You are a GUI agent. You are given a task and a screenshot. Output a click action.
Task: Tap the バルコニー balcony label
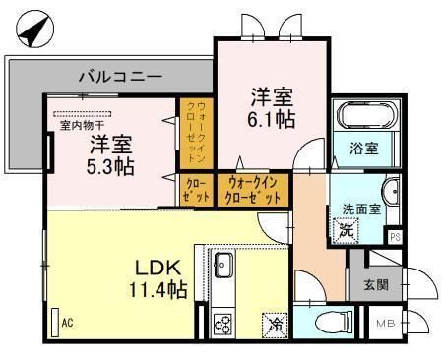click(x=121, y=77)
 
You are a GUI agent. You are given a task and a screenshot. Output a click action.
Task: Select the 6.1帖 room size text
click(x=272, y=120)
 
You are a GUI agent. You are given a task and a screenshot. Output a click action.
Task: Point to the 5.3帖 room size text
click(x=110, y=167)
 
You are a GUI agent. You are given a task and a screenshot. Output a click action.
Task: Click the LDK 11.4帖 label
click(x=158, y=278)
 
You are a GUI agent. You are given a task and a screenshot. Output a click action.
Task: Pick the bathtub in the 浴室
click(x=367, y=117)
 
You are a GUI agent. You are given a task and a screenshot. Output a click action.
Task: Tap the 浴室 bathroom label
click(x=364, y=149)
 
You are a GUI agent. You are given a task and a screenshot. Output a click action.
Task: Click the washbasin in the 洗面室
click(x=391, y=191)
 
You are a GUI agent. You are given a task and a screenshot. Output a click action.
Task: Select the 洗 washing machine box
click(x=347, y=231)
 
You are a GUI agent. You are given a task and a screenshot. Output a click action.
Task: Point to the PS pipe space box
click(x=396, y=237)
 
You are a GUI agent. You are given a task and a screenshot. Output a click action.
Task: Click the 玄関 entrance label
click(x=376, y=285)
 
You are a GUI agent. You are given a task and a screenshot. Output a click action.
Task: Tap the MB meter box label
click(x=386, y=324)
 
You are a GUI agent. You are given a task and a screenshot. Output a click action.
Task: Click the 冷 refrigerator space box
click(x=275, y=326)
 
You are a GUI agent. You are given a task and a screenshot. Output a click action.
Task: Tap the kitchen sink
click(x=223, y=265)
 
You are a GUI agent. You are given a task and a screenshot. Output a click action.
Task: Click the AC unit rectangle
click(x=55, y=323)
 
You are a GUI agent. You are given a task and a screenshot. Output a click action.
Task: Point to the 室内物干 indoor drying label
click(x=83, y=125)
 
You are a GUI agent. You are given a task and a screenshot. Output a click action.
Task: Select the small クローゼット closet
click(x=196, y=191)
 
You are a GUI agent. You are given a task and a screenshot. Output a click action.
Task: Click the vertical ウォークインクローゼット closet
click(x=196, y=134)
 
